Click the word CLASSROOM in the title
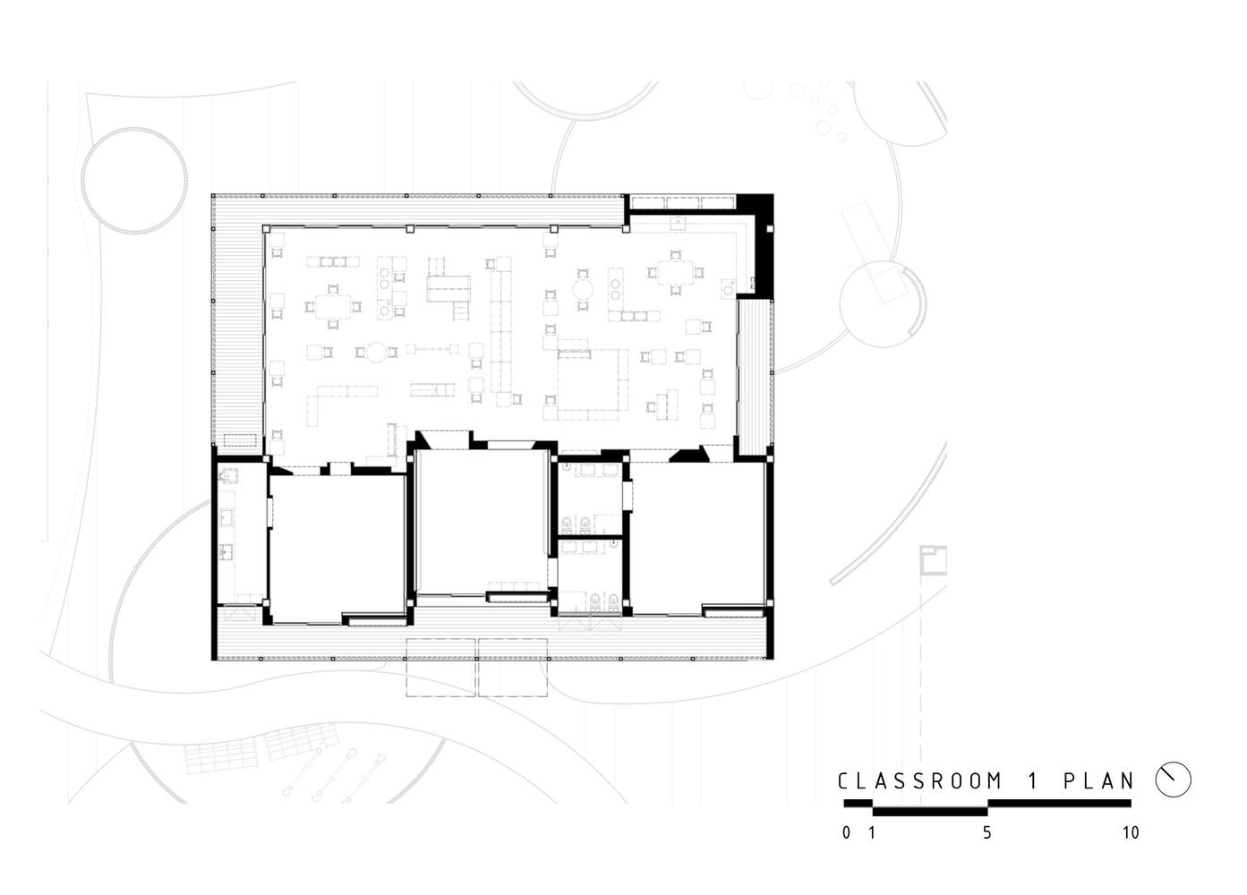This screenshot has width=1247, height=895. [920, 781]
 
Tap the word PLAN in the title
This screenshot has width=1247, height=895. [1098, 781]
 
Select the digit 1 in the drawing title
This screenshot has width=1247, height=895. [1033, 781]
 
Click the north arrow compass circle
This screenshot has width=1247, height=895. [1173, 780]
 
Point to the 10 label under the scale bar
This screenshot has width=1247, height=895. [1131, 832]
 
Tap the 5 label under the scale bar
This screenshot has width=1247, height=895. [987, 832]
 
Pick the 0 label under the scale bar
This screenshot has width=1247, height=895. [846, 832]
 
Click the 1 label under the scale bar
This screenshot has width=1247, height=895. [872, 832]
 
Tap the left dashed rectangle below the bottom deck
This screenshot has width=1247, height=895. [441, 668]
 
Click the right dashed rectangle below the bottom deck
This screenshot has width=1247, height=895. [513, 668]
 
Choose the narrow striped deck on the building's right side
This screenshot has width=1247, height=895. [755, 378]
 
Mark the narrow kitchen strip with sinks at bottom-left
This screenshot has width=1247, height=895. [242, 533]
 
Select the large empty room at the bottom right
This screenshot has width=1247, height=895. [698, 539]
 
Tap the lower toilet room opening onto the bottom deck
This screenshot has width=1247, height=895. [590, 576]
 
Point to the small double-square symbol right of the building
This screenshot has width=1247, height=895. [933, 561]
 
